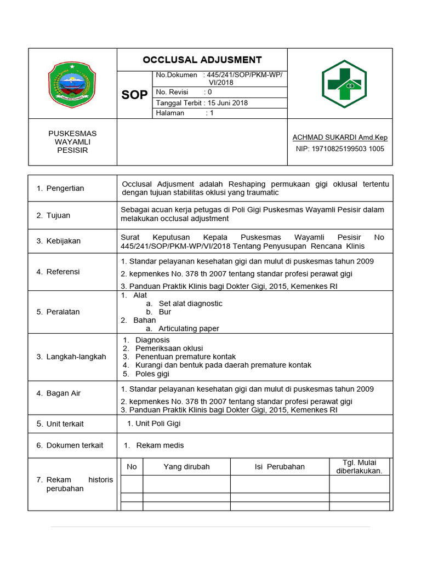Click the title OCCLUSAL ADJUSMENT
point(202,60)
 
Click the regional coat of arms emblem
point(72,84)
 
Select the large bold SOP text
point(134,95)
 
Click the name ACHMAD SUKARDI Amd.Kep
point(340,137)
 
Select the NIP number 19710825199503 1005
point(340,148)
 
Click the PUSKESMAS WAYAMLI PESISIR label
point(72,142)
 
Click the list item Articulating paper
point(189,329)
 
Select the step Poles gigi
point(152,374)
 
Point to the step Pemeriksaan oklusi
point(169,348)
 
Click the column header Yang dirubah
point(186,467)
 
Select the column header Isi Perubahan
point(280,467)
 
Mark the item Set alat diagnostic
point(190,304)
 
